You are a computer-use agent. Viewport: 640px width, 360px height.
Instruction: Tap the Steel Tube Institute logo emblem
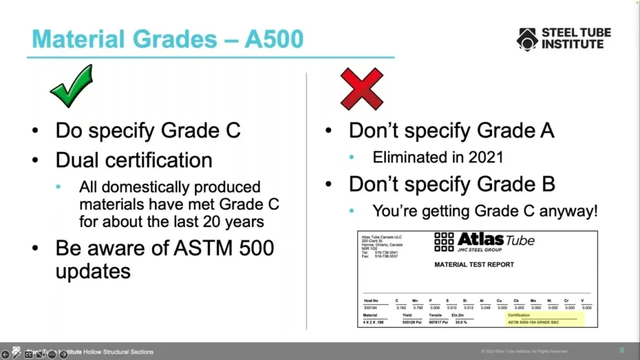pyautogui.click(x=527, y=39)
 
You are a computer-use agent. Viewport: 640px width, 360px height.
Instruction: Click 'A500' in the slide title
pyautogui.click(x=273, y=39)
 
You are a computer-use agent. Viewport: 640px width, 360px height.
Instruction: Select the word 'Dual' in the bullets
pyautogui.click(x=78, y=160)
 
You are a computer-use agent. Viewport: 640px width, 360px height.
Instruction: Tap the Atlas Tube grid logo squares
pyautogui.click(x=443, y=242)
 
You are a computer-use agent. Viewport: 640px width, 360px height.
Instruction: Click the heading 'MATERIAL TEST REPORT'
pyautogui.click(x=474, y=264)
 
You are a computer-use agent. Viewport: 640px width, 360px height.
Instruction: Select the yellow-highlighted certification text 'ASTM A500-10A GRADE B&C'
pyautogui.click(x=542, y=321)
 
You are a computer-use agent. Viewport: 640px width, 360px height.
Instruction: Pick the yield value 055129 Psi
pyautogui.click(x=411, y=321)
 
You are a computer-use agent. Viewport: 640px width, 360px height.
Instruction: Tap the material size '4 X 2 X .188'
pyautogui.click(x=373, y=321)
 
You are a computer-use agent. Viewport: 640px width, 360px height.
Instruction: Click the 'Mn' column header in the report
pyautogui.click(x=415, y=301)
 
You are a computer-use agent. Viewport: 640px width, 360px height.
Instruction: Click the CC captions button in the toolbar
pyautogui.click(x=28, y=354)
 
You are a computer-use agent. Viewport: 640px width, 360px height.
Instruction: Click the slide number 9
pyautogui.click(x=622, y=350)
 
